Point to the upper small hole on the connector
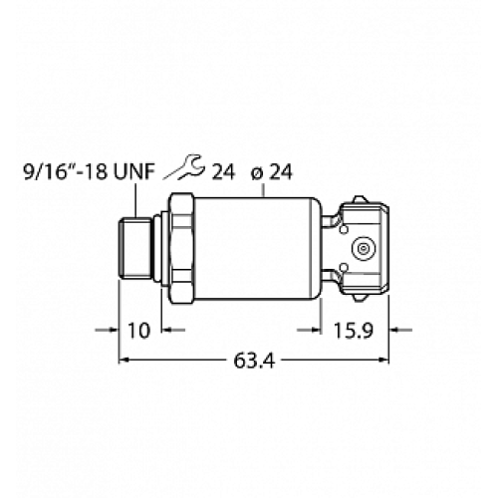click(342, 224)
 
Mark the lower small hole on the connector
click(342, 268)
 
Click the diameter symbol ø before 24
click(257, 173)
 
